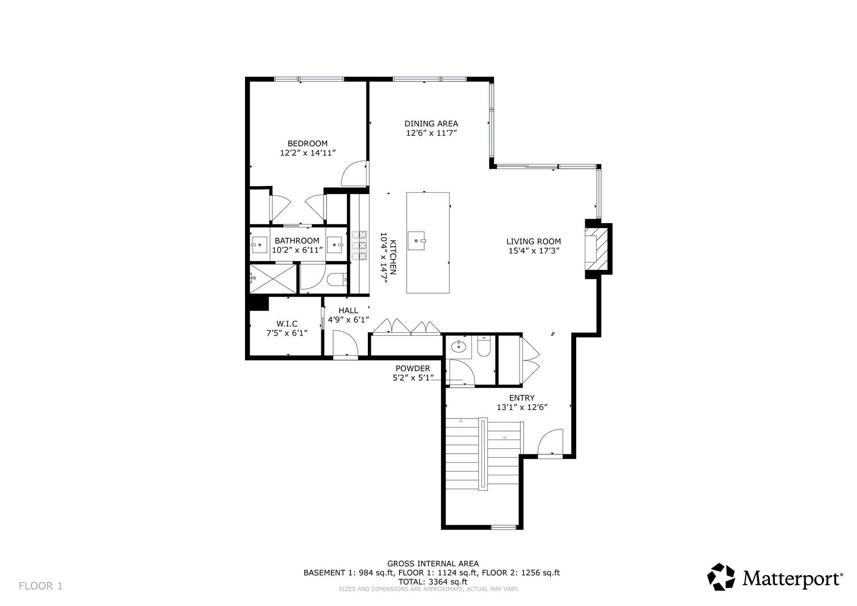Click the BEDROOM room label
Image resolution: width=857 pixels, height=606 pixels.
point(308,144)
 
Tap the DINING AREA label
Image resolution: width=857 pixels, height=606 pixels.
point(431,124)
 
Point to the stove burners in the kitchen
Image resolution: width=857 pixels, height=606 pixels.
point(359,245)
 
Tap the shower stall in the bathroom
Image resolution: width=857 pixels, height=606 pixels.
point(273,279)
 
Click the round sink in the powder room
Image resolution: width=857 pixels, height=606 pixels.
point(458,346)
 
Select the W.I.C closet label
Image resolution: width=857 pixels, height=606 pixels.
point(287,324)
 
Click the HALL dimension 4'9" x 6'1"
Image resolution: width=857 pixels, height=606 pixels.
point(349,320)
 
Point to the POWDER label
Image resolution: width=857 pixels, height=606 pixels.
point(413,369)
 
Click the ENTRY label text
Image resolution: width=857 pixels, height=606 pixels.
point(522,398)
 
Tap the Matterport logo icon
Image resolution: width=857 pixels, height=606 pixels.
point(721,577)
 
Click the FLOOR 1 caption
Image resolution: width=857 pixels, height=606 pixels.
point(41,586)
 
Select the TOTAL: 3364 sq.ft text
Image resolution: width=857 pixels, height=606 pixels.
point(433,582)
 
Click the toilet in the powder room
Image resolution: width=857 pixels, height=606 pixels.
point(484,347)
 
